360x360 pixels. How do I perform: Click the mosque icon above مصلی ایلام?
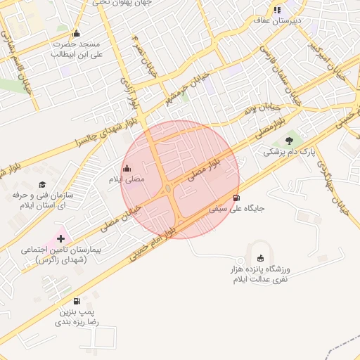pyautogui.click(x=127, y=168)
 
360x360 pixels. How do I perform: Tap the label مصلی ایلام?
pyautogui.click(x=126, y=179)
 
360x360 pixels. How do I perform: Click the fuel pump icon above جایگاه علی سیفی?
pyautogui.click(x=236, y=198)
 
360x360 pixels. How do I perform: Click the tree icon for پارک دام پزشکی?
pyautogui.click(x=289, y=141)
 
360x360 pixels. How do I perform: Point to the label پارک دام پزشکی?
pyautogui.click(x=290, y=152)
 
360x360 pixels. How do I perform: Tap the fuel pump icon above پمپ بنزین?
pyautogui.click(x=77, y=301)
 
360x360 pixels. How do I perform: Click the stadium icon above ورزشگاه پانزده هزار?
pyautogui.click(x=262, y=258)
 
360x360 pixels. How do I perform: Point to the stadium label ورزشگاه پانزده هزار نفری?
pyautogui.click(x=262, y=274)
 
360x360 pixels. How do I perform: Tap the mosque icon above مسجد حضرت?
pyautogui.click(x=77, y=32)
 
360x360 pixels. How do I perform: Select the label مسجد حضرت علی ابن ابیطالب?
pyautogui.click(x=77, y=49)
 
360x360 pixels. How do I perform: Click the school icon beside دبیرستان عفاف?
pyautogui.click(x=277, y=10)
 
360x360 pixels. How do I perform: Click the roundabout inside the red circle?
pyautogui.click(x=169, y=188)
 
